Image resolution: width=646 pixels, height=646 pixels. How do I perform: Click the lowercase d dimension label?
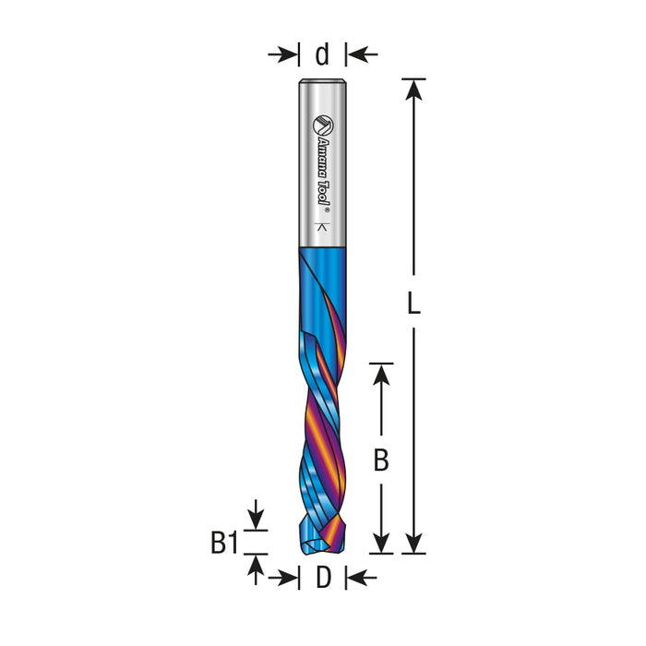coord(322,54)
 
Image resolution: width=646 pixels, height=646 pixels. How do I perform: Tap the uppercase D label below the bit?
coord(323,577)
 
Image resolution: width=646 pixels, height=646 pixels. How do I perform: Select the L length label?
coord(413,303)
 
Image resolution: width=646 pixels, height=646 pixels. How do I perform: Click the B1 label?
coord(224,543)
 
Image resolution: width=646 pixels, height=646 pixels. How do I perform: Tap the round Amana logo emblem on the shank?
coord(323,126)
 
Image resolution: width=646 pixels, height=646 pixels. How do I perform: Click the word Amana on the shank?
coord(323,153)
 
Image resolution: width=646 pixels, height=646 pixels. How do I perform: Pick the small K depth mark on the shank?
coord(323,227)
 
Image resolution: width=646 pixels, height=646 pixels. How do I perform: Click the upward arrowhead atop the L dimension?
coord(413,89)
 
